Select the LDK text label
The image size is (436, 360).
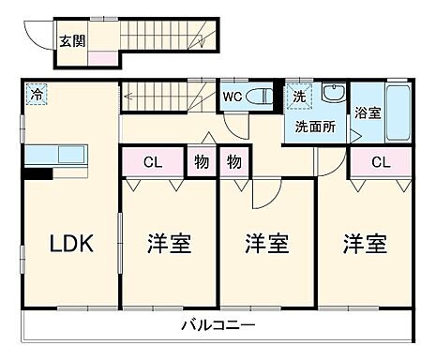pos(70,244)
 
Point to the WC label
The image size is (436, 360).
pos(233,95)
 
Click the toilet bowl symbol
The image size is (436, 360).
pos(262,96)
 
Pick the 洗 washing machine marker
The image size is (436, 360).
pos(299,95)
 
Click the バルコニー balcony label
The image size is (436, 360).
pos(218,325)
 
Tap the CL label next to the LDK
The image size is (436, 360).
pos(152,161)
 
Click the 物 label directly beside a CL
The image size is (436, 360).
pos(201,161)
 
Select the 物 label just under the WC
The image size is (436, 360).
pos(233,161)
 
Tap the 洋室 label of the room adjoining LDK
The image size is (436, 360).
pos(169,244)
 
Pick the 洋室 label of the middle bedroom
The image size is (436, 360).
pos(266,244)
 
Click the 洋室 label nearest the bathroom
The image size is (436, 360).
pos(364,244)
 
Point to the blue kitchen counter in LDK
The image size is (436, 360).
pos(56,154)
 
